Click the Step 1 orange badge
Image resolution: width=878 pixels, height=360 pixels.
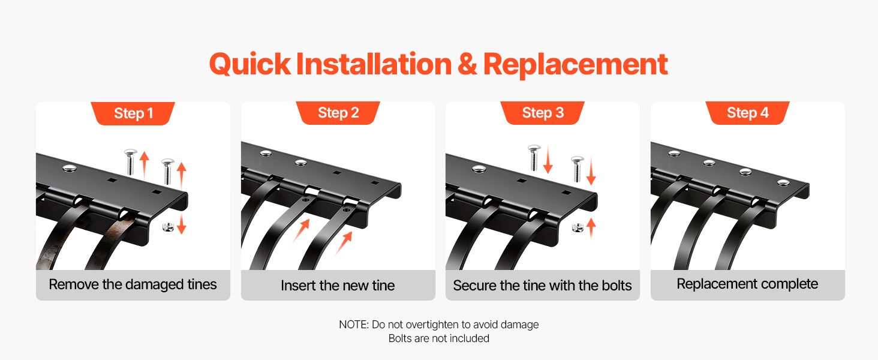[x=133, y=113]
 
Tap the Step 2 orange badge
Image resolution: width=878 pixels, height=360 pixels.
[x=338, y=113]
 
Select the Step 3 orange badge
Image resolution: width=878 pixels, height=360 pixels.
[x=543, y=113]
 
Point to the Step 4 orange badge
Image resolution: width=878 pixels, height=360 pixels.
[x=747, y=113]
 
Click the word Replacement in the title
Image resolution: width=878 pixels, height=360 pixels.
[x=575, y=65]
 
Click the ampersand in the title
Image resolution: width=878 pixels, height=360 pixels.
[x=467, y=65]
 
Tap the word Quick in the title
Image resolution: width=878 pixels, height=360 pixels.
[x=250, y=65]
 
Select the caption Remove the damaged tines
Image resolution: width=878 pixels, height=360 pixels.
[x=133, y=284]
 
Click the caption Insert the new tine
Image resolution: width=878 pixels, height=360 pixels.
[x=338, y=286]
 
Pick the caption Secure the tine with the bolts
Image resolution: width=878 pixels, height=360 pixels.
[x=542, y=286]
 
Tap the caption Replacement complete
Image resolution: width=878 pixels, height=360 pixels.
[x=747, y=284]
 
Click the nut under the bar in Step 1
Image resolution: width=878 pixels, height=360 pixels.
[x=168, y=227]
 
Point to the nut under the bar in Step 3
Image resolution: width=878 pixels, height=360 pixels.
[x=578, y=227]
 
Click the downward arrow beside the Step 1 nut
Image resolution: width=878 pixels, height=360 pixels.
[x=181, y=224]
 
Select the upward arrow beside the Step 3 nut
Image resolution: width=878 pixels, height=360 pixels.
[x=591, y=228]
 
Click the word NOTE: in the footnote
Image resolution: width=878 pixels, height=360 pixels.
[x=354, y=325]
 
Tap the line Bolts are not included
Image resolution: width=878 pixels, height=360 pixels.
[x=438, y=338]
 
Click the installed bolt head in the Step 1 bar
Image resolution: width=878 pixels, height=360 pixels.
[x=70, y=169]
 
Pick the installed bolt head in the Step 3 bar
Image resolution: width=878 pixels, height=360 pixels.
[x=479, y=169]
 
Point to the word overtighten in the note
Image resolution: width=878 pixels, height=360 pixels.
[x=432, y=325]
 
